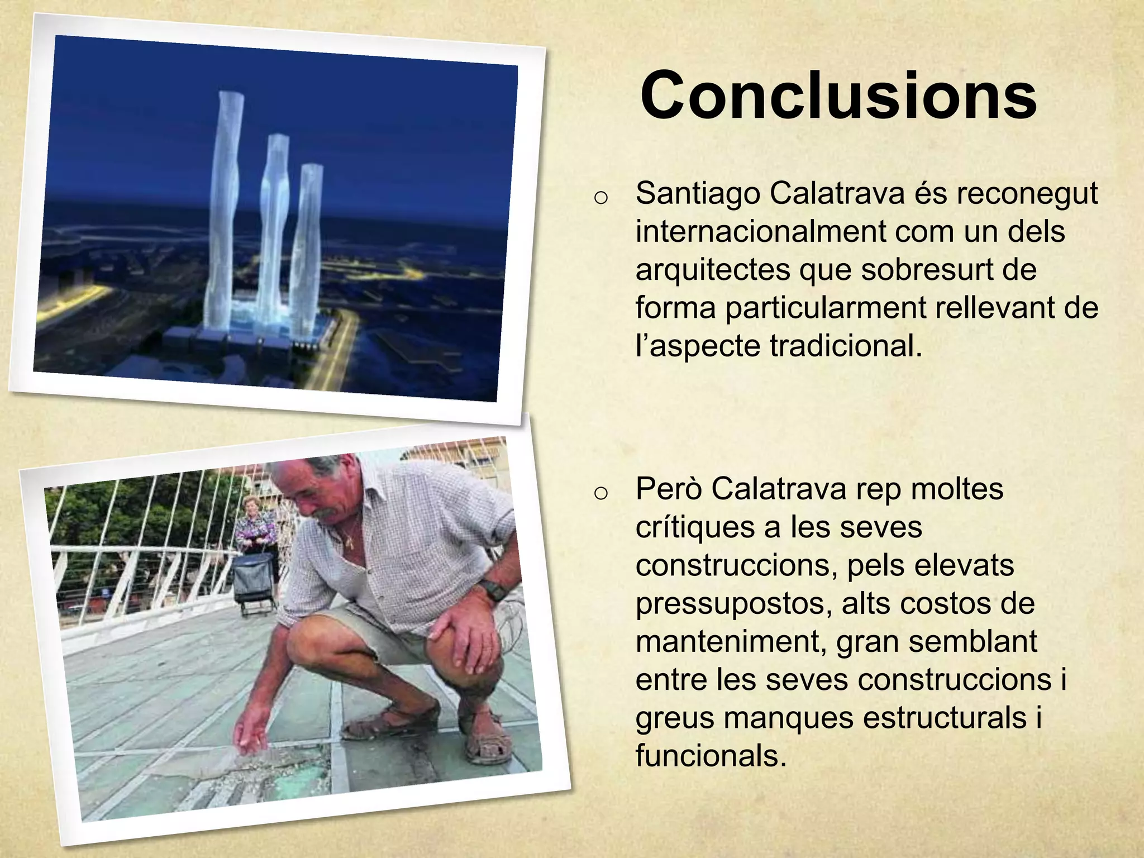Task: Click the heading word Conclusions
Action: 838,96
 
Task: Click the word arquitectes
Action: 712,270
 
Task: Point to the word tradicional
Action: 846,346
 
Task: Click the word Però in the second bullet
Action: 668,489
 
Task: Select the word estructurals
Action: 944,718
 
